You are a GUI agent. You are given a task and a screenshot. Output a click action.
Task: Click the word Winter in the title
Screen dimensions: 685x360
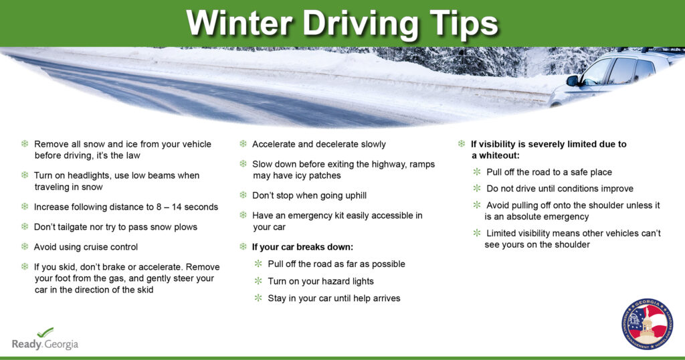coord(239,22)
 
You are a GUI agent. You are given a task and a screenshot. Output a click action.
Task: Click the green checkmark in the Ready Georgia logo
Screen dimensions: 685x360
coord(45,333)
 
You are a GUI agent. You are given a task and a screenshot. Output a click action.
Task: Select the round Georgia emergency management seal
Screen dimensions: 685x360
coord(647,324)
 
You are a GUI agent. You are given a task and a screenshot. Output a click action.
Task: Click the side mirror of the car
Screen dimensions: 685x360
coord(573,80)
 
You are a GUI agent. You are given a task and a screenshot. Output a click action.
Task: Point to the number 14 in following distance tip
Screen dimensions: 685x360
coord(177,207)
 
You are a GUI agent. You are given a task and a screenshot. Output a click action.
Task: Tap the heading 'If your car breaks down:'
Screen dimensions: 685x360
coord(302,248)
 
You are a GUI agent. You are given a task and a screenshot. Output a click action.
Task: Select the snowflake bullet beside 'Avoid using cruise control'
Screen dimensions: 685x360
coord(25,246)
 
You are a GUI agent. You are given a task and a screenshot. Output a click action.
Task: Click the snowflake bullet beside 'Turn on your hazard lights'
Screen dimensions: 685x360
coord(258,280)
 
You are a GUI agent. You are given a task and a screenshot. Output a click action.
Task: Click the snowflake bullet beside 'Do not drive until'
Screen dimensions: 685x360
coord(476,188)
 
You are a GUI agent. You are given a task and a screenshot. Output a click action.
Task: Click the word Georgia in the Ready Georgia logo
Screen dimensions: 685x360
coord(61,344)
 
